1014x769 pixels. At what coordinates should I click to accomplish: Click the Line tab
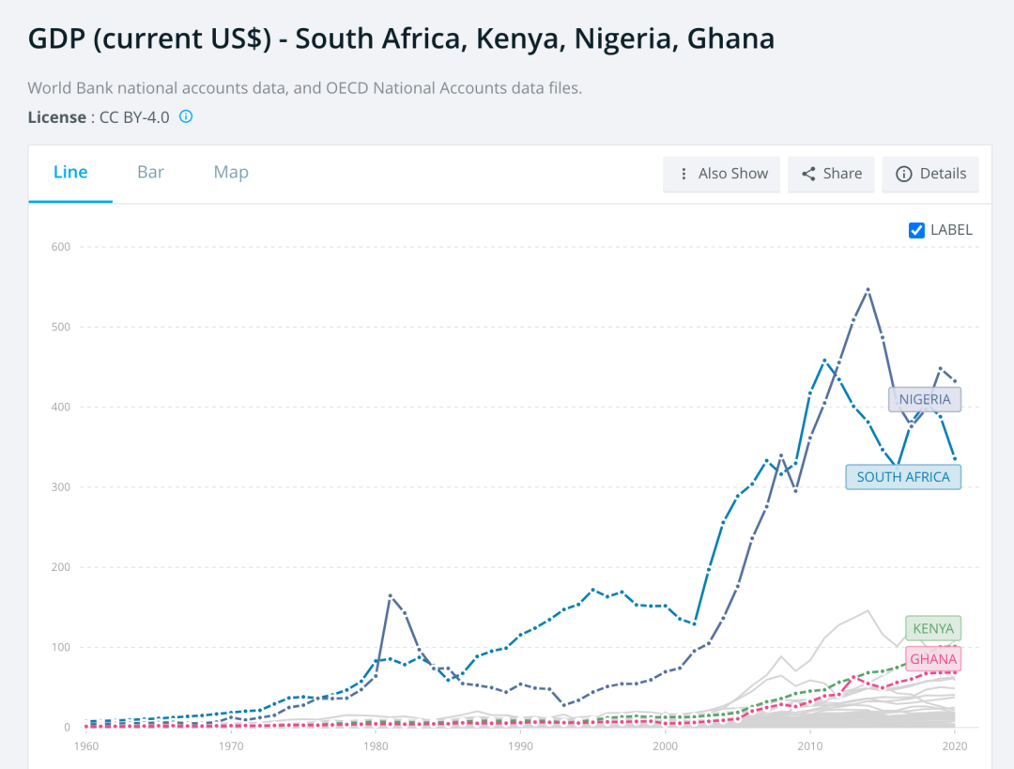point(70,172)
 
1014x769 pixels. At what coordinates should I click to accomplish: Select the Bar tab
point(150,172)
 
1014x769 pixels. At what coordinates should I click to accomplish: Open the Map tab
point(231,172)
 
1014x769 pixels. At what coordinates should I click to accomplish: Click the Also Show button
point(721,174)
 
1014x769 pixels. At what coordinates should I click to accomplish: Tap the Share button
point(831,174)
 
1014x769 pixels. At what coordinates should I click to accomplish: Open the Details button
point(930,174)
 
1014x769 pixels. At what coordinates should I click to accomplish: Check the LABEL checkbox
point(917,230)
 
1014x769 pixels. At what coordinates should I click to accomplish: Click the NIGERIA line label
point(924,399)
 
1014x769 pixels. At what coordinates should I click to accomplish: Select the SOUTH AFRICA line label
point(903,477)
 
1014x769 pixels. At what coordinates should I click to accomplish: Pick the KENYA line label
point(932,628)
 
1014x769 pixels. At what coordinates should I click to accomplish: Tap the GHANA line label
point(932,659)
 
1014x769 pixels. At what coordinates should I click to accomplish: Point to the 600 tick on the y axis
point(60,247)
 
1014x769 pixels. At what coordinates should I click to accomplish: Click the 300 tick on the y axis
point(60,487)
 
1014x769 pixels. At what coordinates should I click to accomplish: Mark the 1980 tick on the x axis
point(376,746)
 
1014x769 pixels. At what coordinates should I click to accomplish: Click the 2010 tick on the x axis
point(809,746)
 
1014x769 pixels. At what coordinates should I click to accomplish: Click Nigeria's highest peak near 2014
point(868,289)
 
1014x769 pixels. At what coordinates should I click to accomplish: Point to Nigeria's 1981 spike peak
point(391,595)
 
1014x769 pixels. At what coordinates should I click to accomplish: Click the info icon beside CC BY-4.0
point(186,116)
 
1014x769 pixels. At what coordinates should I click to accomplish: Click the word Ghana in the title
point(730,38)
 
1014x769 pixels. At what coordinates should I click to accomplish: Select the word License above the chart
point(56,117)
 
